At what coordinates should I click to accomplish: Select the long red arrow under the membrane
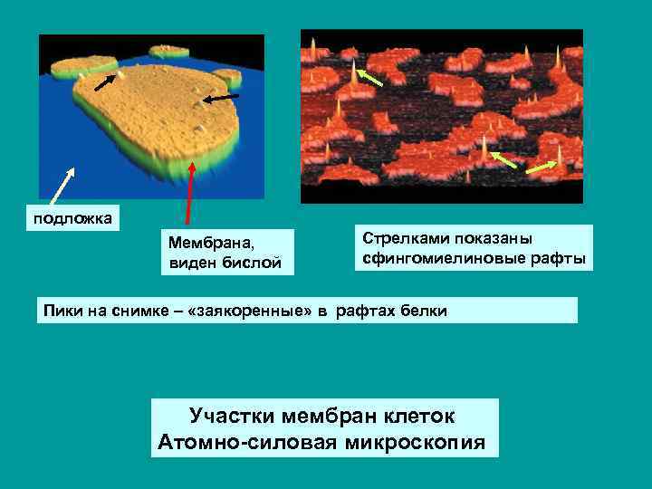coord(188,192)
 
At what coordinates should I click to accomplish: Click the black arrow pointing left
coord(220,98)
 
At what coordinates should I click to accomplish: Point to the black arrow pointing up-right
coord(107,82)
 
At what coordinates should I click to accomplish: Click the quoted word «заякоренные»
coord(266,311)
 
